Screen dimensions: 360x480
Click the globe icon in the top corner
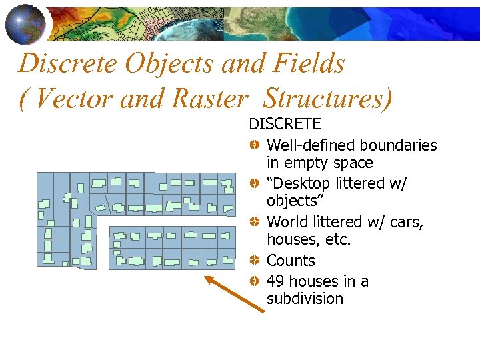[x=25, y=23]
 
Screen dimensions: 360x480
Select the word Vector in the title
[x=67, y=99]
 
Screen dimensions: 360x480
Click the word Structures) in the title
[x=328, y=99]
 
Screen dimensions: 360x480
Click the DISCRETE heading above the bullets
[x=285, y=124]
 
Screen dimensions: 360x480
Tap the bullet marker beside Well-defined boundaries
[x=255, y=145]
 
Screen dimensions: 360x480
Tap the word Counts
[x=291, y=261]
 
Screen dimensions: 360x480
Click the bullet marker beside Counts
[x=255, y=261]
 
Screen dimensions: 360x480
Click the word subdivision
[x=305, y=299]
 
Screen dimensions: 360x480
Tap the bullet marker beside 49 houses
[x=255, y=281]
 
